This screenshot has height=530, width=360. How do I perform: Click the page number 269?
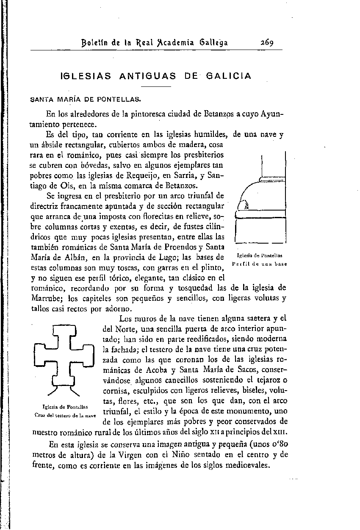(266, 42)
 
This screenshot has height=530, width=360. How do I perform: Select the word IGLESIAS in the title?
(86, 76)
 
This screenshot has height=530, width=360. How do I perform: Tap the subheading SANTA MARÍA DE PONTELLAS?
(86, 100)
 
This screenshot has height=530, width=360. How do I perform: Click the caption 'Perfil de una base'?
(260, 264)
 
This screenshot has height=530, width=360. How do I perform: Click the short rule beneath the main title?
(156, 87)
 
